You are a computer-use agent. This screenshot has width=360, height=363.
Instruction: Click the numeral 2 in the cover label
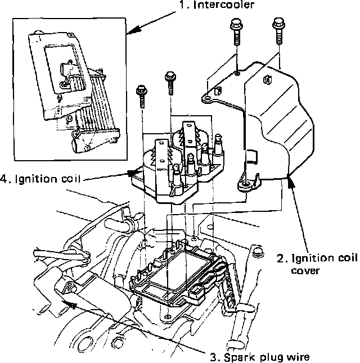pyautogui.click(x=280, y=259)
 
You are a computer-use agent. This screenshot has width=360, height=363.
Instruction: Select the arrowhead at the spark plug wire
pyautogui.click(x=70, y=303)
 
